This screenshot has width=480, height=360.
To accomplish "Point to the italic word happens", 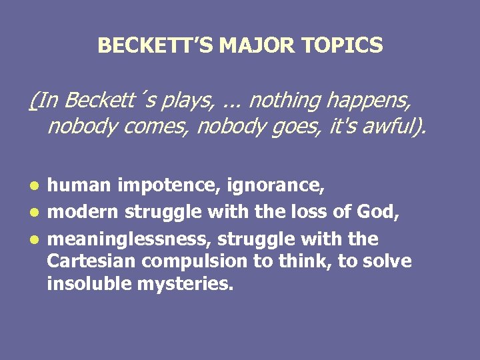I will tap(371, 101).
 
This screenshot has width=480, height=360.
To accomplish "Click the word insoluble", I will tap(87, 285).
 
